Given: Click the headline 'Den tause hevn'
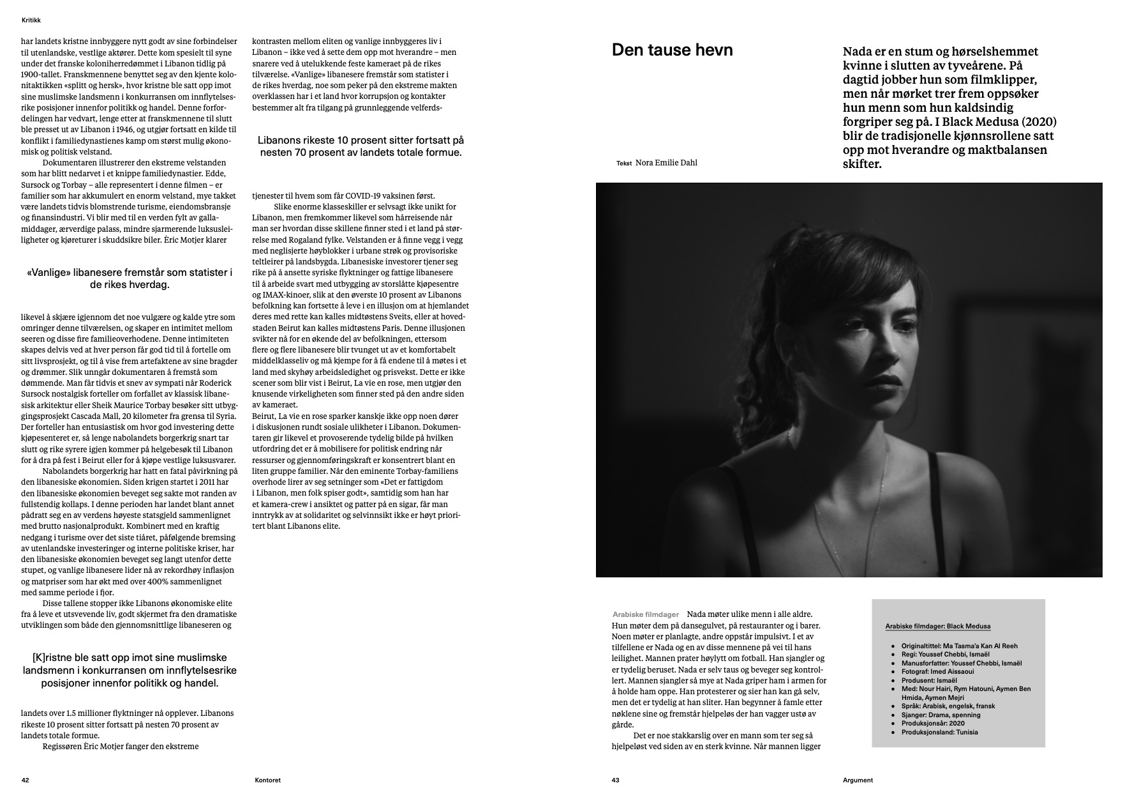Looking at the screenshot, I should tap(672, 50).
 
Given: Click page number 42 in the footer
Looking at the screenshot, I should tap(26, 780).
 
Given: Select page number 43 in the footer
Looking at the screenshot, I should tap(616, 780).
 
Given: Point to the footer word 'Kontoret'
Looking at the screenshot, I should tap(267, 780).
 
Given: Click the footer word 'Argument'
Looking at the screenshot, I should tap(858, 780).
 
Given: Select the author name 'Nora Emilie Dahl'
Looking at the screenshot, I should tap(666, 163).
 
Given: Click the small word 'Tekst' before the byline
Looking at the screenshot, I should tap(623, 163).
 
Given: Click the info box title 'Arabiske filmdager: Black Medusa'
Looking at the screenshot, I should tap(937, 627).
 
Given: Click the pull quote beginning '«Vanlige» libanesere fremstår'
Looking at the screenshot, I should tap(130, 278).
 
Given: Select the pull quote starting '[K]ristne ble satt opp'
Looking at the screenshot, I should tap(130, 670).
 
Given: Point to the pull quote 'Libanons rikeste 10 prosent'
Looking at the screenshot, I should tap(361, 146).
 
